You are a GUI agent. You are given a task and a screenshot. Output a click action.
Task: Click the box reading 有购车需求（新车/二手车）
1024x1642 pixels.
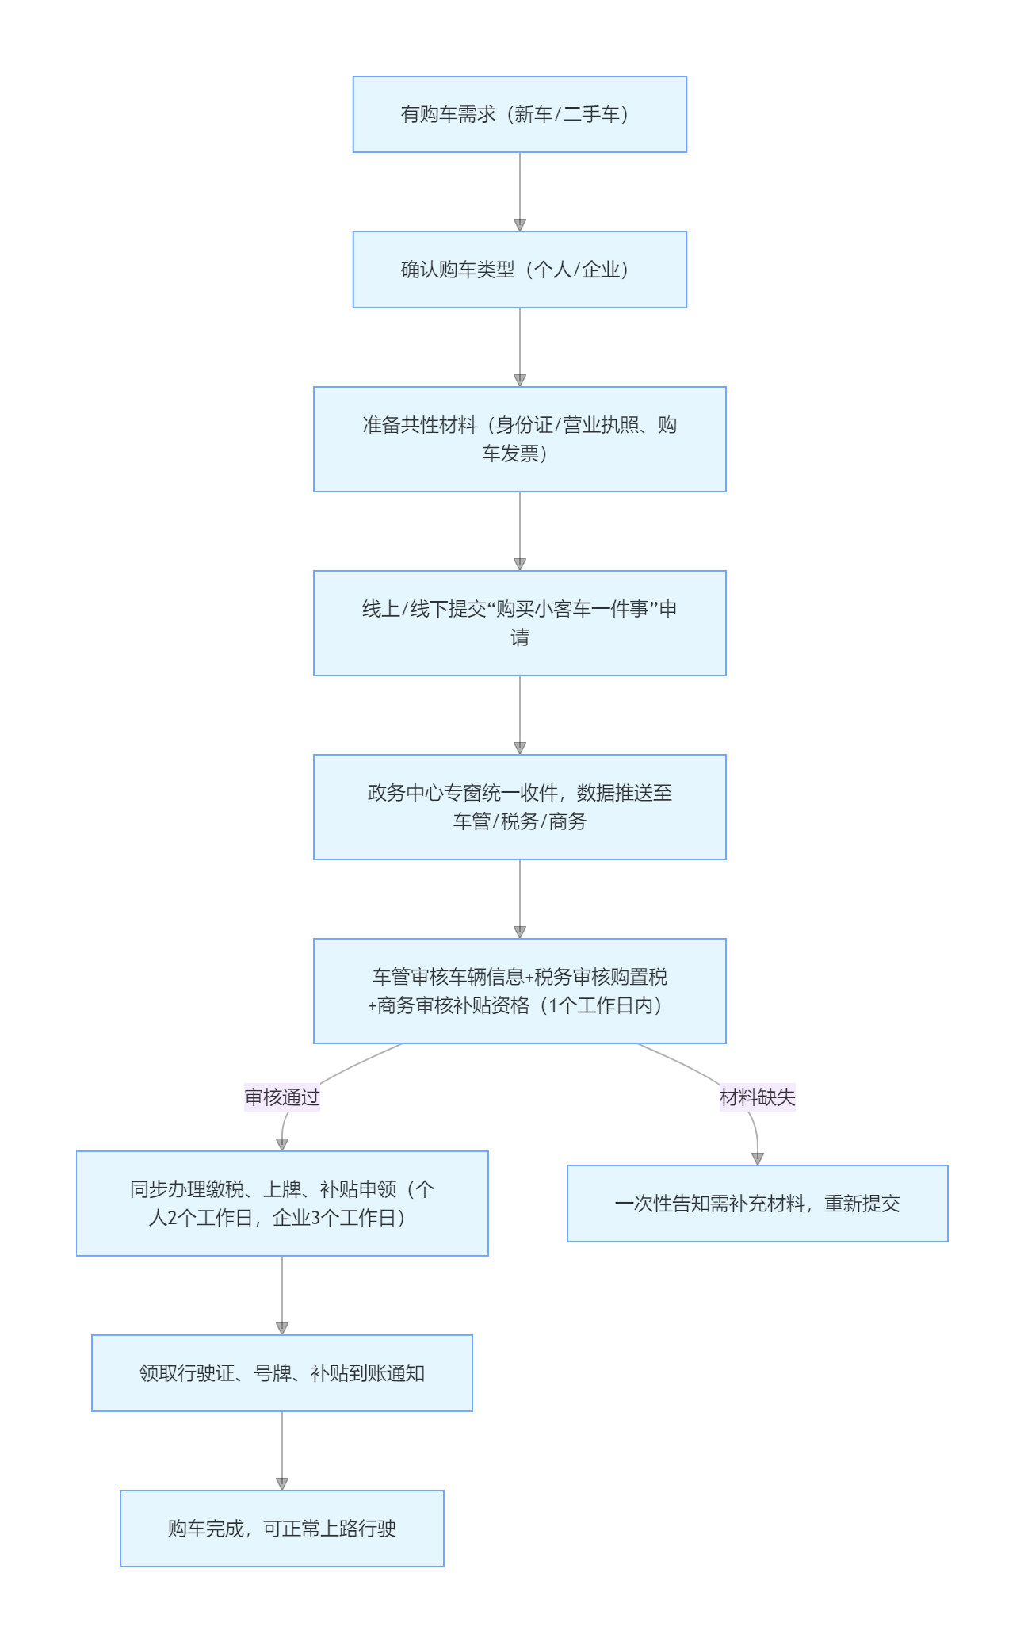[519, 114]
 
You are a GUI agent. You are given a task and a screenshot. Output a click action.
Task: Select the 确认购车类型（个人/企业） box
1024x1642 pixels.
[519, 270]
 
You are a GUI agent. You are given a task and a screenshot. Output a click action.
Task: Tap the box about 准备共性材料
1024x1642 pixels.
[519, 439]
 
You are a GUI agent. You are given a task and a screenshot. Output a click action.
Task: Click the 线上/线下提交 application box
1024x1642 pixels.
[519, 623]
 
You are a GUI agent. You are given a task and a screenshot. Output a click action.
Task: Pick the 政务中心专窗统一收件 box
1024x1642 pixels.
[519, 807]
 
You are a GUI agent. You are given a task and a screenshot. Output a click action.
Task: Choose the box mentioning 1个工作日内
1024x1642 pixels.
[519, 991]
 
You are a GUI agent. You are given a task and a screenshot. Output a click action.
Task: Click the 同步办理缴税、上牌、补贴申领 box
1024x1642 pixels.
[282, 1204]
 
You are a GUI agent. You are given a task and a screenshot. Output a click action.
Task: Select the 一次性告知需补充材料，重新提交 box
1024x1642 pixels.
[757, 1204]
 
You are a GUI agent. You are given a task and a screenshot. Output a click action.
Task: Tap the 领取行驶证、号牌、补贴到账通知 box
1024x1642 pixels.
[282, 1373]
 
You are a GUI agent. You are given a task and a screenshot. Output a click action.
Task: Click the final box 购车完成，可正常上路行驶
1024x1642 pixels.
[282, 1529]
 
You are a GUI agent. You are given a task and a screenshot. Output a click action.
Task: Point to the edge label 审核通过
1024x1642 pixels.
[282, 1097]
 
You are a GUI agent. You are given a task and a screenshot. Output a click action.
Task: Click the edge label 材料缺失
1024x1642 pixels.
[757, 1097]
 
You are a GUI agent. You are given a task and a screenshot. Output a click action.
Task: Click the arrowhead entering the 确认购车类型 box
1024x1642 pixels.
[520, 225]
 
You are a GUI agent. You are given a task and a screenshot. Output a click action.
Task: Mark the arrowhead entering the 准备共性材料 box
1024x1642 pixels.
[520, 381]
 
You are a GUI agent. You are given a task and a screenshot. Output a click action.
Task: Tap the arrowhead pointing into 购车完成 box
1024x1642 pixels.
[282, 1484]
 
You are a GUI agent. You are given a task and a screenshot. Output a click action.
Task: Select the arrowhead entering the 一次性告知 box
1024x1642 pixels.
[758, 1159]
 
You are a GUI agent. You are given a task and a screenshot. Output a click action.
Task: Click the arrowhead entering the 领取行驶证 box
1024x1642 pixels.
[282, 1329]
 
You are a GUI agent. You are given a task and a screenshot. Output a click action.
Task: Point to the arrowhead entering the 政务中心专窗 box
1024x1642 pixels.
[520, 748]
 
